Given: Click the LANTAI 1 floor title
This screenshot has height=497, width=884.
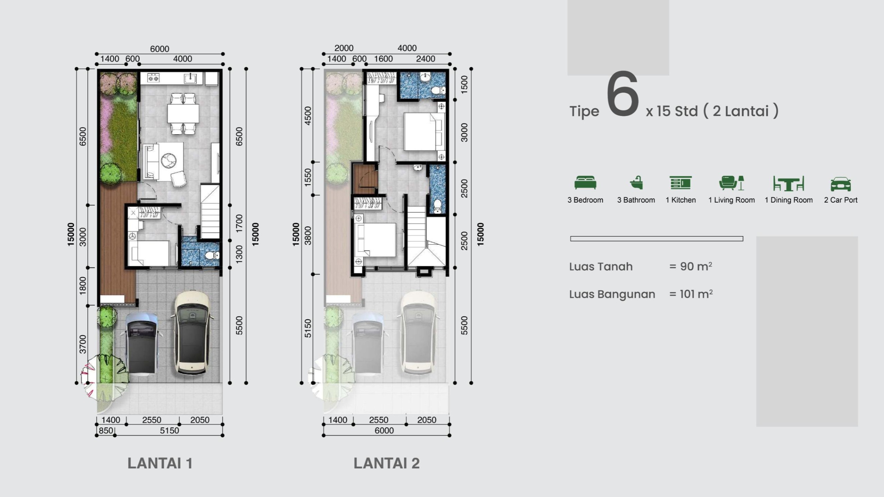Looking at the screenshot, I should (x=160, y=463).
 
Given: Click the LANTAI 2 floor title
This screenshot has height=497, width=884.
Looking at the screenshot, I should (x=386, y=463).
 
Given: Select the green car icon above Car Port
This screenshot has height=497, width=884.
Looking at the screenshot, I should (x=840, y=184).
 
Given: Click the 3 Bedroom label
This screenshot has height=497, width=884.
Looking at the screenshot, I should (x=585, y=200).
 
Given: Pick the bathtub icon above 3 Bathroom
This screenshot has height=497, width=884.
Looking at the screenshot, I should (x=636, y=183).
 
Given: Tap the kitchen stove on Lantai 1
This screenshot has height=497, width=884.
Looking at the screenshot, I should (x=153, y=78).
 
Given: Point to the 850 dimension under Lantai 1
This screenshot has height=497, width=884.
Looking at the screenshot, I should (x=106, y=431).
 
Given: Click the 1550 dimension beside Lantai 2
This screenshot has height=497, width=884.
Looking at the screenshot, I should (x=308, y=177).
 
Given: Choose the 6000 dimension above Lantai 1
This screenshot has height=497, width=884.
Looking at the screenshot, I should (x=160, y=49).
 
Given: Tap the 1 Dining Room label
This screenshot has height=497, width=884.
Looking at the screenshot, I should (x=788, y=200).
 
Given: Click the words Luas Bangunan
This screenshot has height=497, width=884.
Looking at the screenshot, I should (x=612, y=294).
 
